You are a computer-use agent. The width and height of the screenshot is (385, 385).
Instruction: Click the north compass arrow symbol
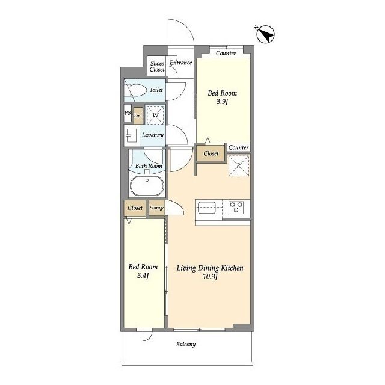265,34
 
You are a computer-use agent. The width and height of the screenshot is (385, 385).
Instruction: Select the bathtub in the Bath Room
147,186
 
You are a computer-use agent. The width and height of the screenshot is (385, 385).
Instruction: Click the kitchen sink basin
206,208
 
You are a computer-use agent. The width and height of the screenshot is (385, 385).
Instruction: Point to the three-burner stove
236,207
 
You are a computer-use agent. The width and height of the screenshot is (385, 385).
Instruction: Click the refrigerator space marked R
239,165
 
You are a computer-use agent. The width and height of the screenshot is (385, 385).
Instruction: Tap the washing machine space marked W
155,115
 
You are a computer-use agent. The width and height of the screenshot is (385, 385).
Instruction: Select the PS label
128,112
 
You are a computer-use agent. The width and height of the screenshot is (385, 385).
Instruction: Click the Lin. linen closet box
138,115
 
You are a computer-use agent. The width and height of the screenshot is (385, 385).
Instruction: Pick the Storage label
157,208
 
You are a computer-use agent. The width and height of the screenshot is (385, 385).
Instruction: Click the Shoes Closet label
157,66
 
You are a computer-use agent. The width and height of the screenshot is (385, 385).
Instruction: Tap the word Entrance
181,63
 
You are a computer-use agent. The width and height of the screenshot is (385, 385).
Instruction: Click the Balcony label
186,345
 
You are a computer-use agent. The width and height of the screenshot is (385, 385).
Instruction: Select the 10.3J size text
211,277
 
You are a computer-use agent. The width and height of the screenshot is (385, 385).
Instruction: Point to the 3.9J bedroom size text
223,102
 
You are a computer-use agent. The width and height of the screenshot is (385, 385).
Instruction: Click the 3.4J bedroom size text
143,276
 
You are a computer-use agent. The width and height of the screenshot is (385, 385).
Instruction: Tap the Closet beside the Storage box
135,208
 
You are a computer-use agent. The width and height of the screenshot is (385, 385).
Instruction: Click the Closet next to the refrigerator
211,153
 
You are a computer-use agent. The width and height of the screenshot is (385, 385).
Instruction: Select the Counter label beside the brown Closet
239,147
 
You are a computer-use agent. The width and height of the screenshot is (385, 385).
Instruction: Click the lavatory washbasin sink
132,135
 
